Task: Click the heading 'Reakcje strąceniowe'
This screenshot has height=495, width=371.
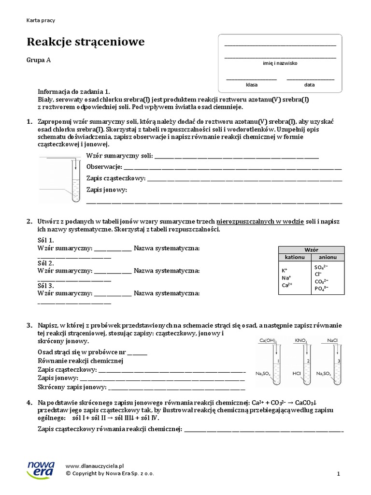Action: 86,43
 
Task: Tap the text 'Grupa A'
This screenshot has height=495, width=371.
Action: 39,60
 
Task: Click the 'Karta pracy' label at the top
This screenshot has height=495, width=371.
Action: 41,20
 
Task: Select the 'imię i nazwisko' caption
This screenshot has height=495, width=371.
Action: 280,63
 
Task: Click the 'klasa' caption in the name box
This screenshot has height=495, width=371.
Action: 252,85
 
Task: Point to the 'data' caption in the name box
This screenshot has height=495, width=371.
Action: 309,85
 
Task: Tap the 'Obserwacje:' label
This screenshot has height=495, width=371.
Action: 104,167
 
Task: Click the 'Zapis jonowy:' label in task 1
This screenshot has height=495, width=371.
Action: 106,190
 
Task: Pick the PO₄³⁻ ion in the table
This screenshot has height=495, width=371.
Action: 321,289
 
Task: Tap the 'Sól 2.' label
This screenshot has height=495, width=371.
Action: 45,263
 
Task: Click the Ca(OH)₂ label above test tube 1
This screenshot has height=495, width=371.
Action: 268,341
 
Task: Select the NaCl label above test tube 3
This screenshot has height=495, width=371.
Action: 332,341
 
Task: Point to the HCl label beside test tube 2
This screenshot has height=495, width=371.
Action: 297,374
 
